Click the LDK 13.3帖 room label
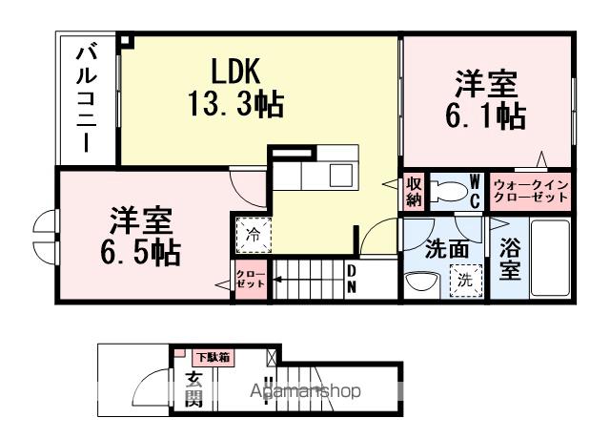point(235,87)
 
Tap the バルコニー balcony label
point(86,99)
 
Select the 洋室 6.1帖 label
point(486,99)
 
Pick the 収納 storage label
point(414,192)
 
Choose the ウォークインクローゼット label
point(531,191)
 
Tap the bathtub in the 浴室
point(550,259)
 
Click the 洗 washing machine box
point(465,280)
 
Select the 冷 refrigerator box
point(254,235)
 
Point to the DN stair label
point(352,278)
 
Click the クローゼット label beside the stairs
point(251,279)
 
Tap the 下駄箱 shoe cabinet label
point(213,358)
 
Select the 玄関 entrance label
point(193,388)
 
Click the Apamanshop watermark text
point(305,390)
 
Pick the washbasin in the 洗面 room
point(422,283)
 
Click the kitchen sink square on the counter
point(341,176)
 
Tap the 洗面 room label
point(447,249)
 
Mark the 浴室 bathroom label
point(510,258)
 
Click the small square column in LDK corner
point(127,40)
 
